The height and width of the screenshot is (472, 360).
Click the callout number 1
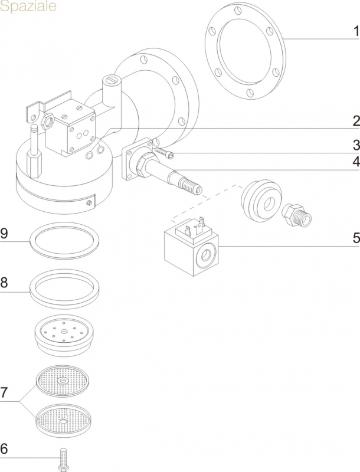click(x=355, y=30)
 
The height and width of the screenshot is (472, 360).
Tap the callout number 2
click(x=355, y=122)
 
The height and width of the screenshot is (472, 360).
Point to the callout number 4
click(x=355, y=162)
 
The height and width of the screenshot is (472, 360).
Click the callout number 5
click(x=355, y=238)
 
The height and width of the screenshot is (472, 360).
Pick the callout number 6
click(x=5, y=449)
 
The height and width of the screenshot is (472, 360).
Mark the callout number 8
click(x=5, y=283)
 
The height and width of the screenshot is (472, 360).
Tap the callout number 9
click(x=5, y=234)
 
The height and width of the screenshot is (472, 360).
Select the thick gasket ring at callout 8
click(x=65, y=287)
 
